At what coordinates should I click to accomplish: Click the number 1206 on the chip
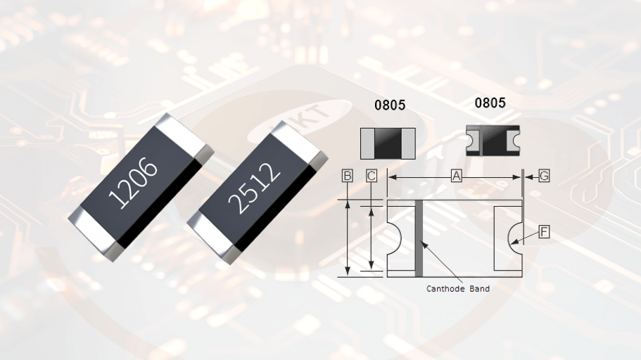click(133, 183)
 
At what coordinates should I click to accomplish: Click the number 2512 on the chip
click(254, 188)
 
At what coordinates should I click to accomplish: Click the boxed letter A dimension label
click(456, 176)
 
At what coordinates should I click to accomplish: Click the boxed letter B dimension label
click(347, 176)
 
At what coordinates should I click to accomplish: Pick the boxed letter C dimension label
click(372, 176)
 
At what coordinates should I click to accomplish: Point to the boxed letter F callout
click(544, 232)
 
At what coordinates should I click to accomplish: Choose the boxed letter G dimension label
click(544, 176)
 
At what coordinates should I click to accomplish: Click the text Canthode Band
click(458, 289)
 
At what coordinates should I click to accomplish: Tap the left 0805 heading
click(390, 105)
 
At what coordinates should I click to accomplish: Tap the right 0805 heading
click(490, 103)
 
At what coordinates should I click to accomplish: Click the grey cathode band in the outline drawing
click(419, 238)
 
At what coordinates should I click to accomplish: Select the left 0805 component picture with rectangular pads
click(388, 143)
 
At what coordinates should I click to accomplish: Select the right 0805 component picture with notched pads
click(493, 141)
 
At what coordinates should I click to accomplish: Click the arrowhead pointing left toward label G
click(528, 177)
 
